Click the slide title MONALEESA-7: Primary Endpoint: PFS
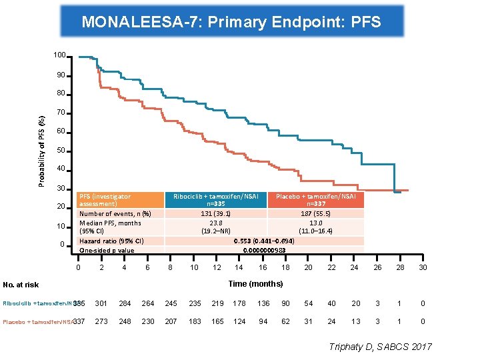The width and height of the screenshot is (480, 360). click(231, 22)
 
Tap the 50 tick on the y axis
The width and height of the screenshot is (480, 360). click(60, 150)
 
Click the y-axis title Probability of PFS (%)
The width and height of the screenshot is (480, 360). click(42, 150)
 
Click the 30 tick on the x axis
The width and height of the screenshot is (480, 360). click(423, 268)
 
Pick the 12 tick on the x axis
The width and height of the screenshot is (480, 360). click(217, 268)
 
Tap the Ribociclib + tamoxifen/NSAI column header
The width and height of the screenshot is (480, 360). click(216, 200)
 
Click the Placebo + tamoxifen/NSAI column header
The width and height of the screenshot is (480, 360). click(316, 200)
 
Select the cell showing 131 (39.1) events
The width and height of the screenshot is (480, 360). click(216, 214)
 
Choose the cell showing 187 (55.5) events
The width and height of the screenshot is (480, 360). click(316, 214)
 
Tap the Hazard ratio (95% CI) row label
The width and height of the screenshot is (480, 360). click(111, 241)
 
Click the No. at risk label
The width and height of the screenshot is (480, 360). click(21, 285)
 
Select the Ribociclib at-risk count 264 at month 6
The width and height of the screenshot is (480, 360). click(148, 303)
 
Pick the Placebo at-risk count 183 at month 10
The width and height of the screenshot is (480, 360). click(194, 321)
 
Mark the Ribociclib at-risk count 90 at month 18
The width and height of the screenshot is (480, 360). click(285, 303)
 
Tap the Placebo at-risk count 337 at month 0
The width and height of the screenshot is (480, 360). click(79, 321)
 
